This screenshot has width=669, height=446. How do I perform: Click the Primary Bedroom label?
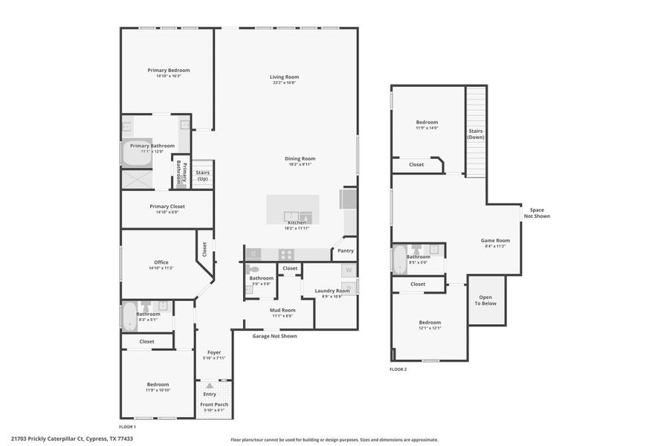point(169,71)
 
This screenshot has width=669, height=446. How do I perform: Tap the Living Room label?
point(284,77)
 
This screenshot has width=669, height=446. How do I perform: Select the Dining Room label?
point(300,158)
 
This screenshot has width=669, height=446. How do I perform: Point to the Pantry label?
point(346,251)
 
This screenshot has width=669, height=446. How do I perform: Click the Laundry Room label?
point(332,291)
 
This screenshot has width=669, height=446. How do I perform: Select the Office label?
point(161,262)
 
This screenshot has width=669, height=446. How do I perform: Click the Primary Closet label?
point(167,206)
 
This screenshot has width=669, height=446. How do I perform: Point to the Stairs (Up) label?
point(202,175)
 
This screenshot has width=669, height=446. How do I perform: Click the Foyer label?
point(214,352)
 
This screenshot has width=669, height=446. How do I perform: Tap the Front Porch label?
point(214,404)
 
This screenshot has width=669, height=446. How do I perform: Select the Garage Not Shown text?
point(274,336)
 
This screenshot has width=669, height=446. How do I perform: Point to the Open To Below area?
point(486,300)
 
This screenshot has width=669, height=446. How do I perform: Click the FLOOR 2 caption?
point(398,369)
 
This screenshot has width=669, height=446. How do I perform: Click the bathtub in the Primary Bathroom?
point(137,153)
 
